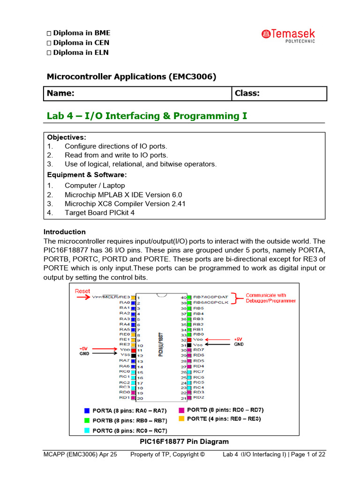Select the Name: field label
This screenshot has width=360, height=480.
coord(60,93)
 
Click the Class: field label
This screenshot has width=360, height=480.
coord(247,93)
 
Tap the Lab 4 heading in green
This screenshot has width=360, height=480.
coord(147,116)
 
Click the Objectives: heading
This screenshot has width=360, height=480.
coord(67,137)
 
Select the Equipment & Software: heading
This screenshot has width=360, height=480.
coord(87,175)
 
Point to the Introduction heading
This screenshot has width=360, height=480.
coord(65,232)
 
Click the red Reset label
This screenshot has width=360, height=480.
coord(82,291)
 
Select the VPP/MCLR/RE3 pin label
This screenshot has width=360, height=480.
coord(111,297)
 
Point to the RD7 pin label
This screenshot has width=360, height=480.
coord(199,350)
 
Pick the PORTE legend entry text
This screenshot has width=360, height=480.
coord(224,419)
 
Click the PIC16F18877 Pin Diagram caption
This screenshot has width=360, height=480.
coord(184,442)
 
